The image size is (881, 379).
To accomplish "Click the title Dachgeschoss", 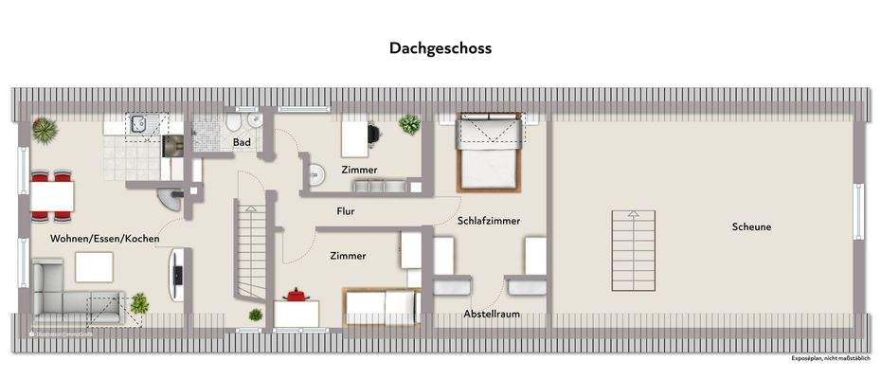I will click(x=440, y=47).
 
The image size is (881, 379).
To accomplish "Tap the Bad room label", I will click(x=242, y=143).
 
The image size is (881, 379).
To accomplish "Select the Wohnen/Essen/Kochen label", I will click(x=105, y=239).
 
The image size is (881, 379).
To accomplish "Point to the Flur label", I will click(x=345, y=211).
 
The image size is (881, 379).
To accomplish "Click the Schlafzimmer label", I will click(x=489, y=220).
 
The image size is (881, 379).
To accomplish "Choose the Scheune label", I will click(x=751, y=227).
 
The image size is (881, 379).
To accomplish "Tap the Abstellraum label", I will click(x=492, y=314).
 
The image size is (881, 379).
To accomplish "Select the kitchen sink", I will click(x=138, y=122).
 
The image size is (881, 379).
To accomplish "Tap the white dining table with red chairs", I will click(x=51, y=194).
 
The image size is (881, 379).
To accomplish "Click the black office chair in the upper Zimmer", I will click(x=372, y=135).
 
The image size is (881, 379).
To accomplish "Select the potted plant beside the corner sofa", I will click(x=139, y=303).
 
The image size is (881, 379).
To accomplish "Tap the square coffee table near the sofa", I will click(x=95, y=268).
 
